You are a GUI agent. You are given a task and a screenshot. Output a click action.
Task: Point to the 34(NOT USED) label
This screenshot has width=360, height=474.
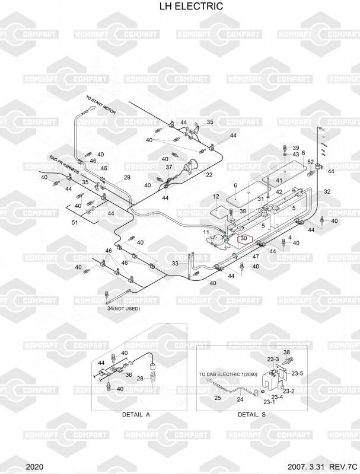tap(123, 309)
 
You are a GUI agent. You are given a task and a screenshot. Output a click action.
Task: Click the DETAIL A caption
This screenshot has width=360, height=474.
tap(136, 414)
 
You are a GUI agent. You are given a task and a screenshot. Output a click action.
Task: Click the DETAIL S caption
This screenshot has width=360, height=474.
tap(251, 414)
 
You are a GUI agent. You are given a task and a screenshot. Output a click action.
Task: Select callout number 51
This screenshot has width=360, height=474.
tap(74, 223)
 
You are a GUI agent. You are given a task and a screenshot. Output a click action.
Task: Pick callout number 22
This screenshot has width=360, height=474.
tap(209, 175)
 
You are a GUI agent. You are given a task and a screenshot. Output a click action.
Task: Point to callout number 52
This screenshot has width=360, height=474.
tap(310, 162)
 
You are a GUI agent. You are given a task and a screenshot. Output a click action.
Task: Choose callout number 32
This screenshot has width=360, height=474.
tap(327, 191)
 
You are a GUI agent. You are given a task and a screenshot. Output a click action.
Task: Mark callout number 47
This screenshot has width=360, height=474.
tap(256, 257)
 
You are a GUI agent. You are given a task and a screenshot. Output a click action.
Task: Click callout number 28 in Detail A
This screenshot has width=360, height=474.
tap(141, 378)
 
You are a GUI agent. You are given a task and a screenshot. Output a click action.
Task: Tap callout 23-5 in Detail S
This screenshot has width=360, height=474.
tap(298, 373)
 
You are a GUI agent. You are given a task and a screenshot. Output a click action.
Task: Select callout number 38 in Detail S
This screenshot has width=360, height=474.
tap(287, 353)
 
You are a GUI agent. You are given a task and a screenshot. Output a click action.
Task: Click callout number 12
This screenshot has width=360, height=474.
tap(216, 196)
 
